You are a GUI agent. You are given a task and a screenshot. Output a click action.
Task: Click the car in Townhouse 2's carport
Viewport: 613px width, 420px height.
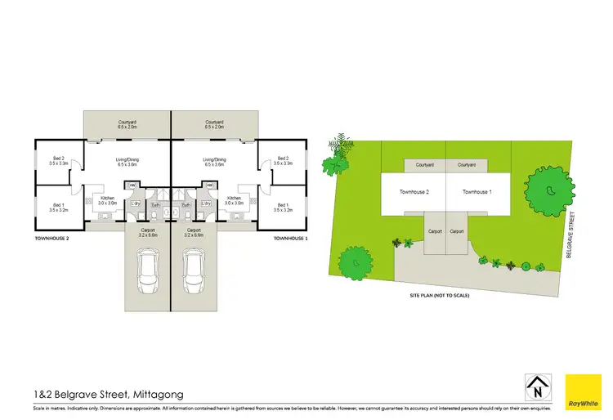[149, 270]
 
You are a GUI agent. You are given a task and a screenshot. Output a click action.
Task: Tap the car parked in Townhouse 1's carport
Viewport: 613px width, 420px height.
[194, 270]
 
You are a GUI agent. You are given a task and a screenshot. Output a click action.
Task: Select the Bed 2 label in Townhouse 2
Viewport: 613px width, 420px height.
[58, 161]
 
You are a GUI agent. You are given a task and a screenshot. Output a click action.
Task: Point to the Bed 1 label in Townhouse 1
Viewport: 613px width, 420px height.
[284, 208]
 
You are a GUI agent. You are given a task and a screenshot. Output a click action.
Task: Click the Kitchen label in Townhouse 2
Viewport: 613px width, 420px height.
[108, 201]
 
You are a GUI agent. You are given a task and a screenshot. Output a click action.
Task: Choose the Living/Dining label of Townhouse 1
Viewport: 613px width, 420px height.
[214, 162]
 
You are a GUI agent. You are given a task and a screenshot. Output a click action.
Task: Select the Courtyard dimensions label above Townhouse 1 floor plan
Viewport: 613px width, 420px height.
[214, 125]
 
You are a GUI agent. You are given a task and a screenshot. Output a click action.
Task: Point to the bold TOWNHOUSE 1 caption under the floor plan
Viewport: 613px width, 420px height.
[289, 239]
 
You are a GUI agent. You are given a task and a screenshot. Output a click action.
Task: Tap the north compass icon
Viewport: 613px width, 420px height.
[535, 386]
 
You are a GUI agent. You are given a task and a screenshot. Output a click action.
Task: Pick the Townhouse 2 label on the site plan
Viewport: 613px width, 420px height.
[415, 192]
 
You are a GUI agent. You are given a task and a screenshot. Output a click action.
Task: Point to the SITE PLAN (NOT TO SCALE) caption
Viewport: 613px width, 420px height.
[440, 296]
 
